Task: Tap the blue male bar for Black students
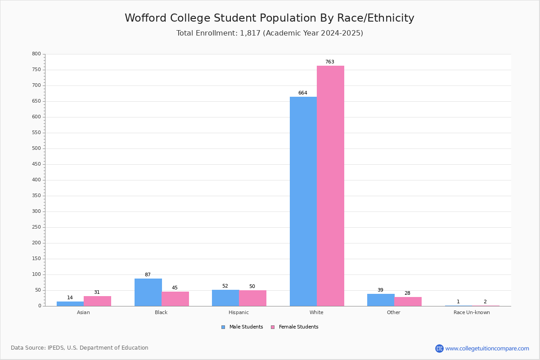[148, 292]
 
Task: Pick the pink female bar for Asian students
[97, 301]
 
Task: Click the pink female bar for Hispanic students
[252, 298]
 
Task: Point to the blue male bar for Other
[381, 300]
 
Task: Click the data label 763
[330, 62]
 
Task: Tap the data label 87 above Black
[148, 275]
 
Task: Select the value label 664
[303, 93]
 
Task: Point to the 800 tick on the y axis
[36, 54]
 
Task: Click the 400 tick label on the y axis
[36, 180]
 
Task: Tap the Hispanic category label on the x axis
[238, 312]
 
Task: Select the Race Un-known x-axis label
[472, 312]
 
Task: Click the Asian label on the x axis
[83, 312]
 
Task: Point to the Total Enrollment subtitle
[270, 33]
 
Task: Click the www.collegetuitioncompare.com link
[487, 348]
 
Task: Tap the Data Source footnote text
[80, 348]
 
